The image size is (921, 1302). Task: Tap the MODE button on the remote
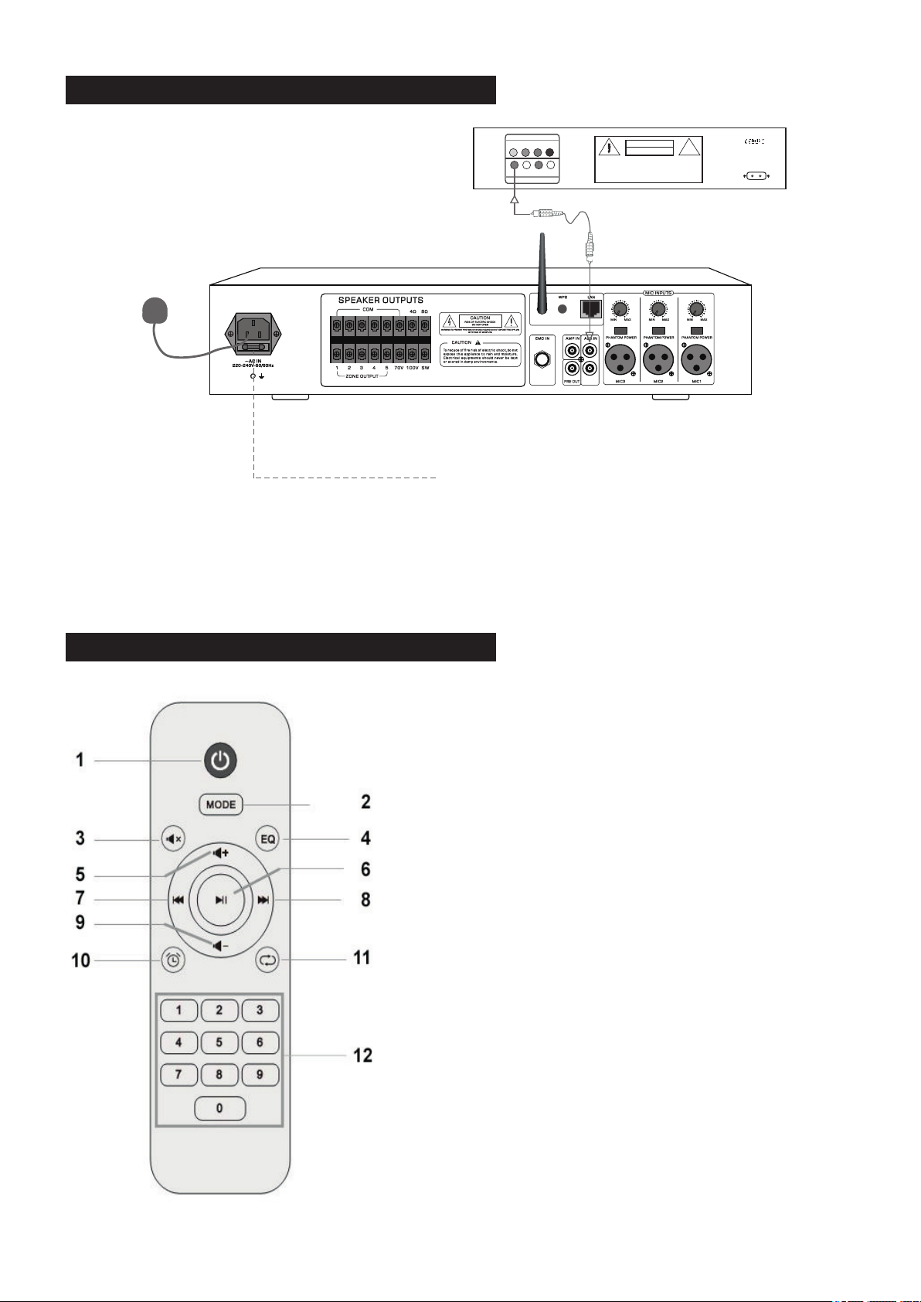pyautogui.click(x=221, y=804)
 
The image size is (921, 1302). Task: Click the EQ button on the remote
pyautogui.click(x=267, y=838)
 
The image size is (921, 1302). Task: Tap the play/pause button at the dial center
pyautogui.click(x=221, y=899)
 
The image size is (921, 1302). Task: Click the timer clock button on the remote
pyautogui.click(x=174, y=960)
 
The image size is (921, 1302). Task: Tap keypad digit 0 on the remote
pyautogui.click(x=219, y=1108)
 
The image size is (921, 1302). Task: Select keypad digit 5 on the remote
pyautogui.click(x=219, y=1042)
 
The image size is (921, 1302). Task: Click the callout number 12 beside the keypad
pyautogui.click(x=362, y=1055)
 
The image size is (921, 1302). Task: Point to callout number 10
pyautogui.click(x=81, y=960)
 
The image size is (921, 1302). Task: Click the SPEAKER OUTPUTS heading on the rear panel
pyautogui.click(x=380, y=300)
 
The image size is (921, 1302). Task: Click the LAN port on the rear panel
pyautogui.click(x=590, y=309)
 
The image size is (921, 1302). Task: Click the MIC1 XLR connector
pyautogui.click(x=696, y=359)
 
